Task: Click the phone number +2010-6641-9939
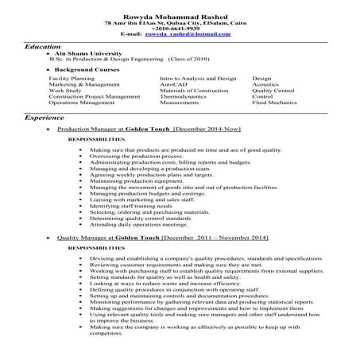[x=180, y=30]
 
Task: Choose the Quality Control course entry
[x=273, y=91]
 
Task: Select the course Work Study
[x=64, y=91]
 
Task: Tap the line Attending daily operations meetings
[x=137, y=225]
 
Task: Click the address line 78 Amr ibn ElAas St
[x=180, y=24]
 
